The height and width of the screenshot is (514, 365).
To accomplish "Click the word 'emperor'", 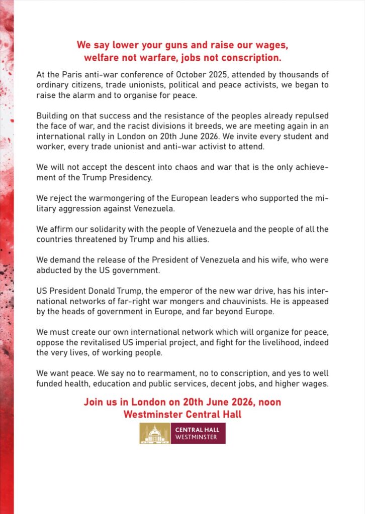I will pyautogui.click(x=164, y=292).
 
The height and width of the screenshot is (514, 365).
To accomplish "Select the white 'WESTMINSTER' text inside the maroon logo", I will pyautogui.click(x=196, y=438).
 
